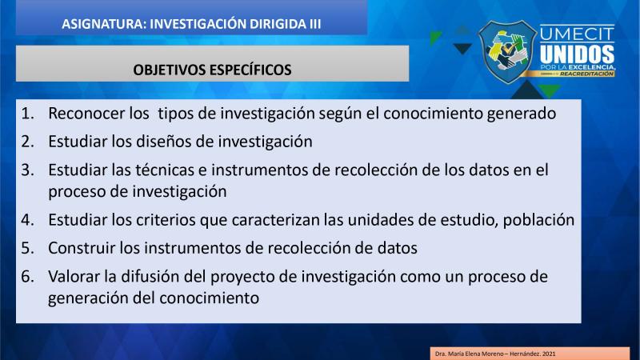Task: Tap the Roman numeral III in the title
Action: (314, 24)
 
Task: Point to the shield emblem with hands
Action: (508, 52)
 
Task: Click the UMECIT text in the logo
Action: (577, 34)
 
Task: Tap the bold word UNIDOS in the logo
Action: (577, 54)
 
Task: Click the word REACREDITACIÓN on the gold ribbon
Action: (586, 74)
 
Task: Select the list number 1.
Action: (27, 114)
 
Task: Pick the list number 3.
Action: (27, 170)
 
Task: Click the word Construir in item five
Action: (82, 248)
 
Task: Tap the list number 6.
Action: (27, 277)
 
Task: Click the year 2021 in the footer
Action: (549, 354)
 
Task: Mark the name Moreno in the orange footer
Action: (493, 354)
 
